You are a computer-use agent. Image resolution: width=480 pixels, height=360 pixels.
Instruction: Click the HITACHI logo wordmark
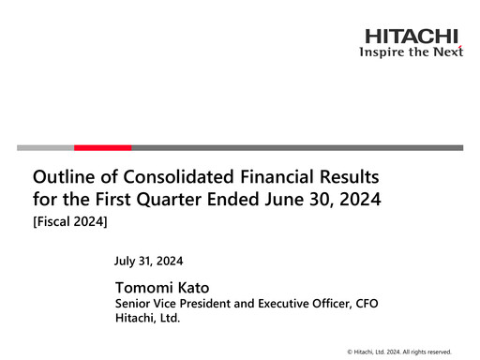[x=412, y=37]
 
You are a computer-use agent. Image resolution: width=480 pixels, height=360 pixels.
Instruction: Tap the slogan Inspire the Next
[x=412, y=52]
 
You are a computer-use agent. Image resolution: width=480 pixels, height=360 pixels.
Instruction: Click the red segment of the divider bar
[x=102, y=147]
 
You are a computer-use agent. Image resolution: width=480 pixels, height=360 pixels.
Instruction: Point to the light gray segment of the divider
[x=45, y=147]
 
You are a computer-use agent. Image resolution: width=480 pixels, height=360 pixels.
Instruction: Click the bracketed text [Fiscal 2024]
[x=71, y=221]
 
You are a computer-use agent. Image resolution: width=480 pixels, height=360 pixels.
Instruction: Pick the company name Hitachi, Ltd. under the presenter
[x=147, y=319]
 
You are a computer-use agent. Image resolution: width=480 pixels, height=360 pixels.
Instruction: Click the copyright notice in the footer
[x=398, y=351]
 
